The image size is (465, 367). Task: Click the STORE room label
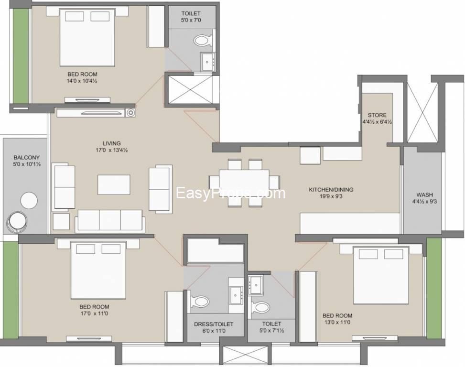pyautogui.click(x=377, y=115)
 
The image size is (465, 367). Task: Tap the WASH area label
pyautogui.click(x=424, y=195)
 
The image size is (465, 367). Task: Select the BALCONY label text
pyautogui.click(x=27, y=158)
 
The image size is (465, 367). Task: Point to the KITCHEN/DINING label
pyautogui.click(x=331, y=189)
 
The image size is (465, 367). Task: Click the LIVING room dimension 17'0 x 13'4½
pyautogui.click(x=111, y=151)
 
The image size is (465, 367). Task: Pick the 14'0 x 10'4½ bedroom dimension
pyautogui.click(x=82, y=81)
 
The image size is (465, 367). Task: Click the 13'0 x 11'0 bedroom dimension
pyautogui.click(x=337, y=322)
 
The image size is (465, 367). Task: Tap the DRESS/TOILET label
pyautogui.click(x=214, y=324)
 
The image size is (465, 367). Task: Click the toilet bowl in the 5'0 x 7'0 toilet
pyautogui.click(x=204, y=40)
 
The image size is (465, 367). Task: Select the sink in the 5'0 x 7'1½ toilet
pyautogui.click(x=256, y=285)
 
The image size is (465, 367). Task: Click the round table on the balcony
pyautogui.click(x=29, y=201)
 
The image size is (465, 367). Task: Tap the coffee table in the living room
pyautogui.click(x=114, y=184)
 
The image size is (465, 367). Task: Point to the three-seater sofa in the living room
pyautogui.click(x=110, y=221)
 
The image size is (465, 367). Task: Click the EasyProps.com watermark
pyautogui.click(x=231, y=193)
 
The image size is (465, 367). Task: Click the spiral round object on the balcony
pyautogui.click(x=17, y=222)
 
